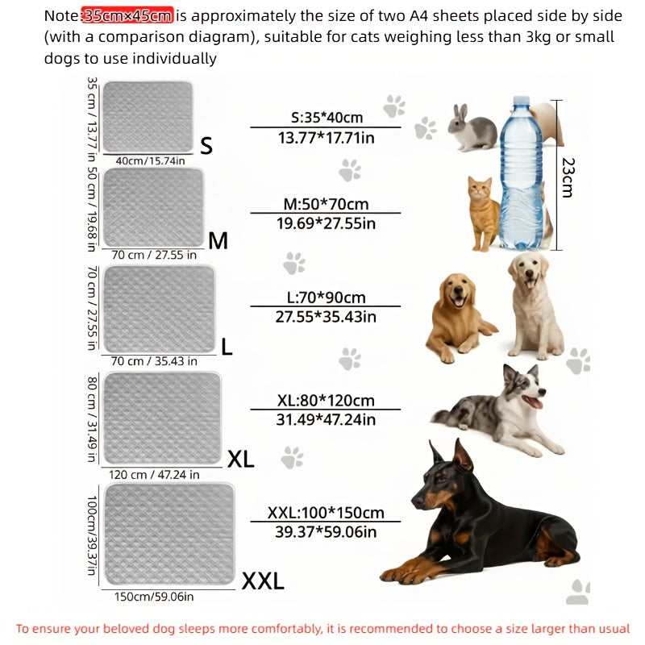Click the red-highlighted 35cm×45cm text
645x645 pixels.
point(127,15)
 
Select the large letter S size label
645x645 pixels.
point(206,146)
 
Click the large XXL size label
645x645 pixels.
point(263,580)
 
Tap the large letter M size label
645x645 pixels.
point(218,240)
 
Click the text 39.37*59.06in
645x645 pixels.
point(326,531)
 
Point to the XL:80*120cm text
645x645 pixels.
point(326,400)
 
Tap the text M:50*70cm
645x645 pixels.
point(326,203)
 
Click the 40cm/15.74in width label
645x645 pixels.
point(151,160)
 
